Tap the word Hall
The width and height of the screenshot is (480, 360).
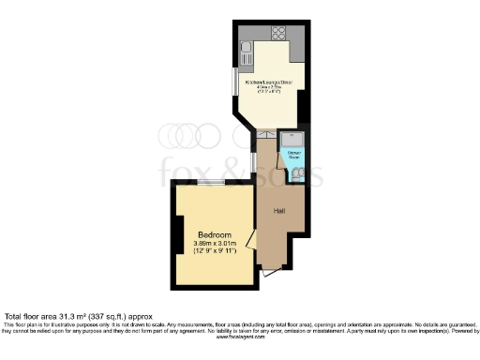click(x=279, y=211)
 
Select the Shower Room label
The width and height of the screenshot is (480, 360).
click(x=293, y=153)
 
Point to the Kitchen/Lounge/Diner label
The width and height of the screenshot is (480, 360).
click(x=268, y=83)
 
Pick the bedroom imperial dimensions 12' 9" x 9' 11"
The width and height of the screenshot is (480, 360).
click(x=216, y=252)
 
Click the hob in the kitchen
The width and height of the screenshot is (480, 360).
click(x=277, y=35)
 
